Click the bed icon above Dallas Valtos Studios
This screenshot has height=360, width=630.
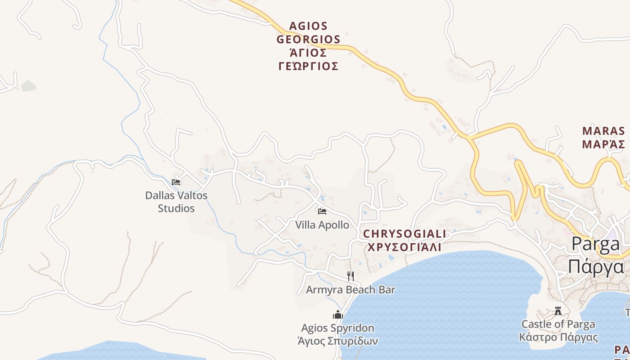point(176,182)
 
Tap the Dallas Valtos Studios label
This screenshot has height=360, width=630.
point(176,202)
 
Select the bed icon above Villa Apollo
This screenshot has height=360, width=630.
point(322,211)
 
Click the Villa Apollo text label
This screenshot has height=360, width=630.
point(322,225)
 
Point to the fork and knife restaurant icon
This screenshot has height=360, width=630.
point(351,276)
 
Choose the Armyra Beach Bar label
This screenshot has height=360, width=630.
point(351,289)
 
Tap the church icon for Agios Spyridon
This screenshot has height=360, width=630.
point(338,315)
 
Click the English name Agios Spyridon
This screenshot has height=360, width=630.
point(338,328)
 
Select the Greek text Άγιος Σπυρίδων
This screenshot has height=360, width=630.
point(338,341)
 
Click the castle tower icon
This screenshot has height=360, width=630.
point(558,311)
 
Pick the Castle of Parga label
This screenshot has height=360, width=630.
point(558,324)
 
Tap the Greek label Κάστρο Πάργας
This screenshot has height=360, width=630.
point(558,337)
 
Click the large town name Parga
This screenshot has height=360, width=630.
point(595,244)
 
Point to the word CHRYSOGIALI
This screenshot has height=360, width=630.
point(405,234)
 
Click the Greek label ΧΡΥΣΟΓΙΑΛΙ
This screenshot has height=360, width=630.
point(405,247)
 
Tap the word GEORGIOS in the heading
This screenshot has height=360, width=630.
point(308,39)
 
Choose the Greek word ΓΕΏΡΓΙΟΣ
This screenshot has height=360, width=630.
point(308,67)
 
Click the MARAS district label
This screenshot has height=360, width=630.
point(603,131)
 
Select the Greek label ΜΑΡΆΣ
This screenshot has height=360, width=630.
point(603,144)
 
